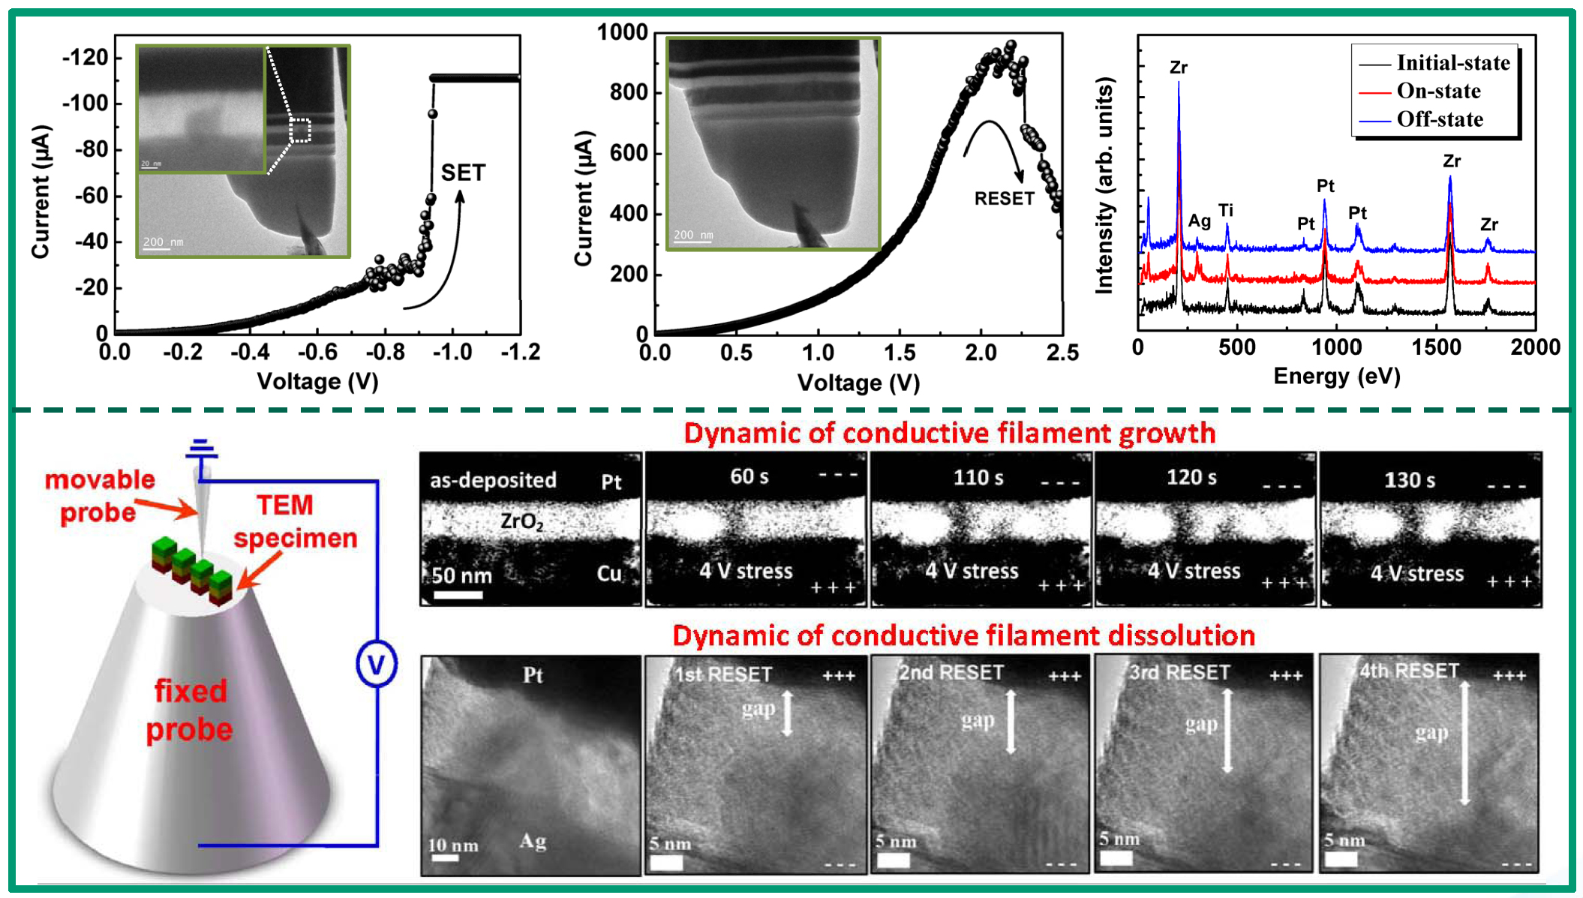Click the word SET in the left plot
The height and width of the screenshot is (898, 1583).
(463, 173)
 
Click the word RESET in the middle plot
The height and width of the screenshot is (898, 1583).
(1004, 199)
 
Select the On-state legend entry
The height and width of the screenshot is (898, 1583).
(1438, 91)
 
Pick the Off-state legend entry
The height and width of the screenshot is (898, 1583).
(1439, 119)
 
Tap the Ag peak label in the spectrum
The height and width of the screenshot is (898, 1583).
(1199, 221)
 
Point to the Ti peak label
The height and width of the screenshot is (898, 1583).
(1226, 210)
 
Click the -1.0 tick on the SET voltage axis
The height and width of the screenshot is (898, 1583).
(452, 352)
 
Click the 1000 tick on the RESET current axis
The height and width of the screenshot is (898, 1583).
(621, 32)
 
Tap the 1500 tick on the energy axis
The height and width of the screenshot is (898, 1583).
(1436, 347)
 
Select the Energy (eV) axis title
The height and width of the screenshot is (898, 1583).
(1336, 376)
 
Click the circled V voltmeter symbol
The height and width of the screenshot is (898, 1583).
(376, 663)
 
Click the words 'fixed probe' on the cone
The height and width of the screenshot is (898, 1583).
(189, 710)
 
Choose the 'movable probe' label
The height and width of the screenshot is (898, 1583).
(99, 496)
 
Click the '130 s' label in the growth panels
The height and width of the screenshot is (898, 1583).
(1409, 480)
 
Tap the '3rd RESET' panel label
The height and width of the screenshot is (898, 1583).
(1179, 672)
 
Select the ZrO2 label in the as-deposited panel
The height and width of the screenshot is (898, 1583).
(521, 521)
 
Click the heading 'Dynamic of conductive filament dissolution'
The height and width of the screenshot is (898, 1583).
(963, 636)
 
